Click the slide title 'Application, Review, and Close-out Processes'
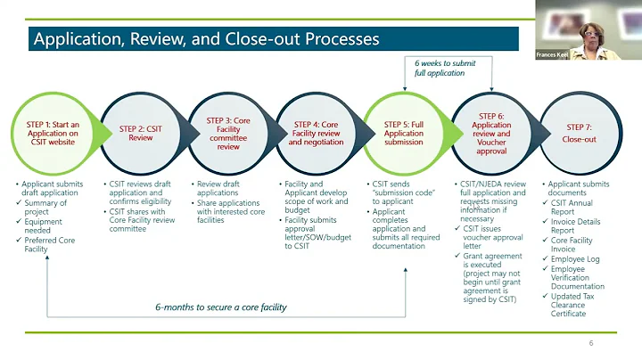[206, 39]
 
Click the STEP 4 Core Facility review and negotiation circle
[316, 133]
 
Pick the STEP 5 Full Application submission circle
[404, 133]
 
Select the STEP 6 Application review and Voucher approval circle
[491, 133]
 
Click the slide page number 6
[590, 344]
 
